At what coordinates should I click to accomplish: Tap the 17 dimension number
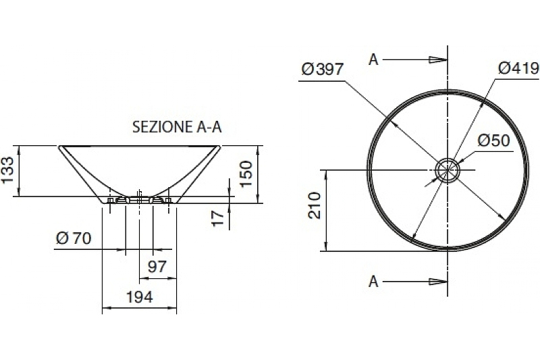[x=217, y=217]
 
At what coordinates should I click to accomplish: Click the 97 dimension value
[x=157, y=267]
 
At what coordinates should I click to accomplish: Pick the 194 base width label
[x=139, y=296]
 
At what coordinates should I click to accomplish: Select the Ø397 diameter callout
[x=323, y=69]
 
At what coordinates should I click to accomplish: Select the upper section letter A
[x=373, y=59]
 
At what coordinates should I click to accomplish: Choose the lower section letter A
[x=373, y=281]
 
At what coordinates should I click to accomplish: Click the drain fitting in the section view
[x=139, y=199]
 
